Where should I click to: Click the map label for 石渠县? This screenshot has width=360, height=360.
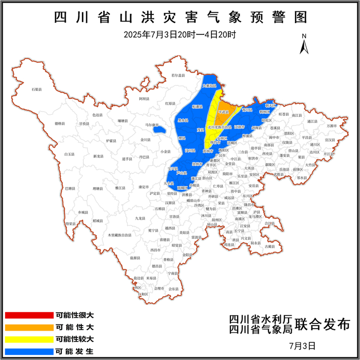pos(36,90)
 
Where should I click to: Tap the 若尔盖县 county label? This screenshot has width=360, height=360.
pos(178,76)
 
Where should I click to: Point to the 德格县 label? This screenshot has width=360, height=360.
pos(60,123)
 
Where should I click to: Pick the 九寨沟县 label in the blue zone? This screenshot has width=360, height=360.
pos(209,86)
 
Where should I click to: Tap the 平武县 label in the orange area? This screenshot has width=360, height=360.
pos(225,112)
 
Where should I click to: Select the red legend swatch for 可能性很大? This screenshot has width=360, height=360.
pos(29,315)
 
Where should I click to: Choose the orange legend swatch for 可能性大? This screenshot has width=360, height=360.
pos(29,327)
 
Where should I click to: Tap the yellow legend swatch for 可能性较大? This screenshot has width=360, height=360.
pos(29,339)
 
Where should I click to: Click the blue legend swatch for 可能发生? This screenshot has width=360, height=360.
pos(29,352)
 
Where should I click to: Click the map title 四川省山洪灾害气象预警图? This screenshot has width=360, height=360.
pos(180,17)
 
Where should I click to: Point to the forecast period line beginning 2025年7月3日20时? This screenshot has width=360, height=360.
pos(180,35)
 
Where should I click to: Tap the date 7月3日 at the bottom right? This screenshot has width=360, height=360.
pos(301,345)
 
